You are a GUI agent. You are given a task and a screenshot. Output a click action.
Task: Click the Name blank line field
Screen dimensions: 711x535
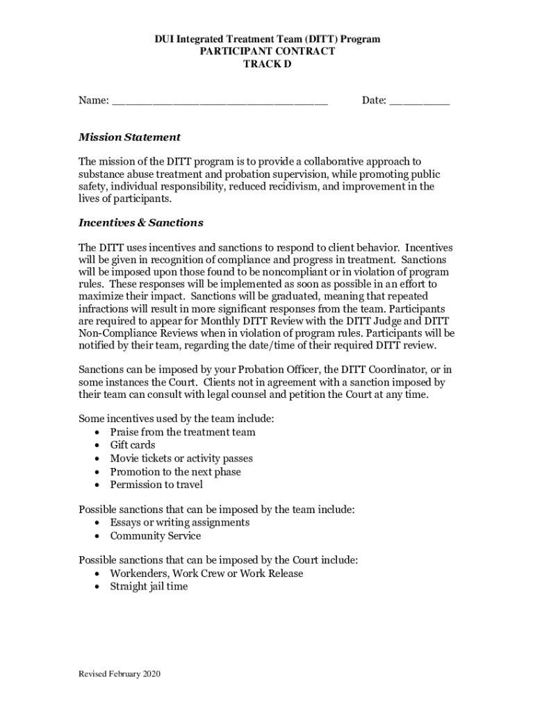coord(219,102)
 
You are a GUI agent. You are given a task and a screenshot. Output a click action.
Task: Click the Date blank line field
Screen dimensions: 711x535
coord(419,102)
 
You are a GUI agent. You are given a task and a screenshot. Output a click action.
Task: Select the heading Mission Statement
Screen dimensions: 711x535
coord(129,137)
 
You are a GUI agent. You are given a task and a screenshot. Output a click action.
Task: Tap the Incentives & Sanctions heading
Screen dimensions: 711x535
coord(140,223)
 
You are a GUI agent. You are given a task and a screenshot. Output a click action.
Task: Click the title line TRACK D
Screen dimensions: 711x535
coord(267,64)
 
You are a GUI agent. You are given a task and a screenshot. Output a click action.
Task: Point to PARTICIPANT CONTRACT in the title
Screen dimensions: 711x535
coord(267,51)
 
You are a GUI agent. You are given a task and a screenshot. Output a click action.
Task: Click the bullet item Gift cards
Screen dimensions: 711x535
coord(133,445)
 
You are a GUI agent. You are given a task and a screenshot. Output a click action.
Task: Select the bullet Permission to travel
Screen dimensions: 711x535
coord(156,485)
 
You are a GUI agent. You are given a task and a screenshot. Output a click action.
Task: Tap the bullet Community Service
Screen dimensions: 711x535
coord(156,536)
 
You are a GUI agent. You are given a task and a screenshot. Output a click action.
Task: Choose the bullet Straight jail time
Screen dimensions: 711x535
coord(149,587)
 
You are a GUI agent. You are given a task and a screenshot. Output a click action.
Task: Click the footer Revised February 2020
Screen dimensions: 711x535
coord(120,674)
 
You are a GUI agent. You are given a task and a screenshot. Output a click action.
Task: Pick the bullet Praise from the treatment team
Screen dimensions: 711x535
coord(183,432)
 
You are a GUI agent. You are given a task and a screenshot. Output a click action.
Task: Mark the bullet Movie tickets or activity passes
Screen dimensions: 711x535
coord(181,458)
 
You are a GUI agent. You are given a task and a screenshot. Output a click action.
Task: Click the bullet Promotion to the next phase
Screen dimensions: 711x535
coord(176,471)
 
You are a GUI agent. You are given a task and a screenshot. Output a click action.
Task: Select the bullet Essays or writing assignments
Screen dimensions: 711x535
coord(180,523)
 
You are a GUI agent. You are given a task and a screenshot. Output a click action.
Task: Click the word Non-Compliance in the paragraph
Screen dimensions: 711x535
coord(112,333)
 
